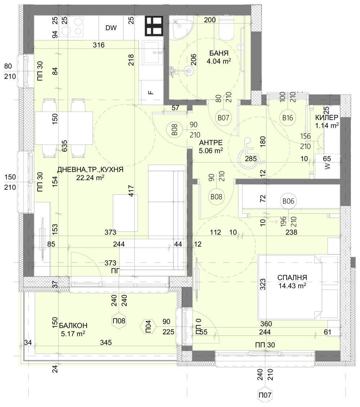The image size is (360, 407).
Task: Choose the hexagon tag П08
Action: coord(119,320)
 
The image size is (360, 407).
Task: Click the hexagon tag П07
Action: coord(265,395)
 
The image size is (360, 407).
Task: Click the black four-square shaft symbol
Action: coord(154,26)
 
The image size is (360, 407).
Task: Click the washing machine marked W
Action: coord(327,166)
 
